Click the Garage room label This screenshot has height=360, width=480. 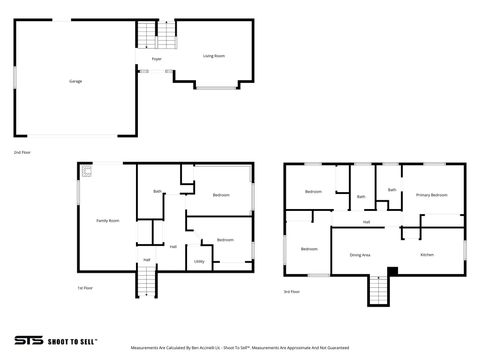coord(75,80)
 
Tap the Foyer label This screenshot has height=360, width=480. coord(157,60)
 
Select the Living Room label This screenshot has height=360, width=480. coord(214,56)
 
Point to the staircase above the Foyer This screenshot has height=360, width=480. coord(148,37)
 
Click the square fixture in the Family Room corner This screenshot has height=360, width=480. coord(87,172)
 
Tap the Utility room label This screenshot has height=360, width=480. coord(199,261)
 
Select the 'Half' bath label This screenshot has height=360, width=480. coord(146,260)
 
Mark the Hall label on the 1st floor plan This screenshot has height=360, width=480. coord(173,246)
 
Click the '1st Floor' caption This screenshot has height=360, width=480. coord(86,288)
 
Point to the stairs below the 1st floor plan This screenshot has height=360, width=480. coord(146,284)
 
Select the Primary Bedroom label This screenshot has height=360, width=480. coord(432,196)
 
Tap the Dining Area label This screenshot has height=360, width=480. coord(360,255)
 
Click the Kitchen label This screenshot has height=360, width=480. coord(427,255)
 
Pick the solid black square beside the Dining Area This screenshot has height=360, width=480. coord(393,270)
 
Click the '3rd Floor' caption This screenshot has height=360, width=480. coord(291,291)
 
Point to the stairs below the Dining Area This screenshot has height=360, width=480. coord(378,291)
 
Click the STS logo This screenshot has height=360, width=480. coord(31,339)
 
